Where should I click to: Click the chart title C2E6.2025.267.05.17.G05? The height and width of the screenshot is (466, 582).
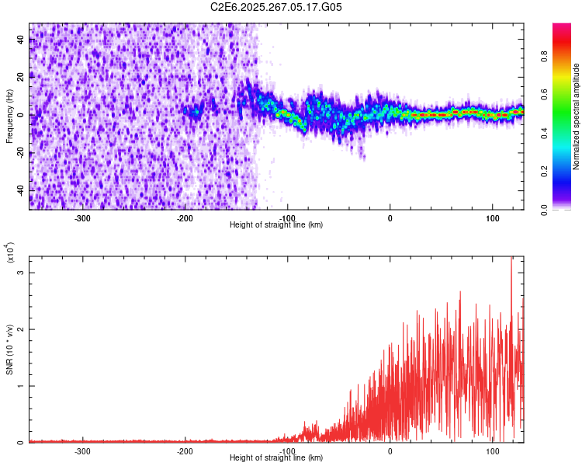(276, 7)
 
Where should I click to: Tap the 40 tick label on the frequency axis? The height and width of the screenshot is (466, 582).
(21, 40)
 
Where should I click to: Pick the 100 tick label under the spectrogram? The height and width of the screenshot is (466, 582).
(492, 217)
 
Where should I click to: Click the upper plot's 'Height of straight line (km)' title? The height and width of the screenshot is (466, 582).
(276, 225)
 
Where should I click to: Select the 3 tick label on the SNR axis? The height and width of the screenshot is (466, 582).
(22, 273)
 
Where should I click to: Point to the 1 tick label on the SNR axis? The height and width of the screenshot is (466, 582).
(22, 386)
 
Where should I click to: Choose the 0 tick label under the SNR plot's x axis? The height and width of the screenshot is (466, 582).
(390, 450)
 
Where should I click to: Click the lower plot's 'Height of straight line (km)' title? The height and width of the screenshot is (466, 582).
(276, 458)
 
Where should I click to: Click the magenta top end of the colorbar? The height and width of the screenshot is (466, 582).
(562, 28)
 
